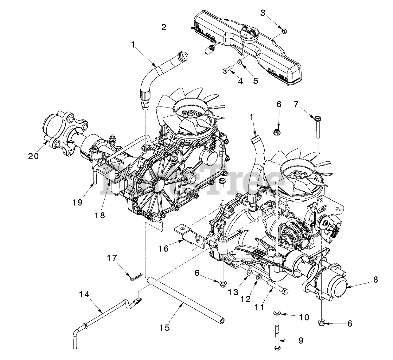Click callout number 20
[x=33, y=156]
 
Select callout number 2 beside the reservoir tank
[x=164, y=27]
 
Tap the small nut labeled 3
[x=284, y=30]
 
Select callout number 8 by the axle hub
[x=375, y=280]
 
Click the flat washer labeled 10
[x=277, y=313]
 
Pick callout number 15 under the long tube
[x=165, y=327]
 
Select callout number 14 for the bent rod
[x=84, y=295]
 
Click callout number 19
[x=77, y=202]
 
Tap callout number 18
[x=100, y=215]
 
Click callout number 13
[x=233, y=292]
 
